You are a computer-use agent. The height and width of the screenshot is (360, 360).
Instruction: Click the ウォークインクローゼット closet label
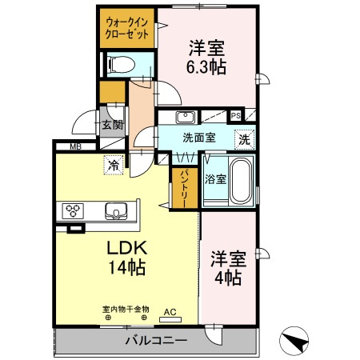coord(127,28)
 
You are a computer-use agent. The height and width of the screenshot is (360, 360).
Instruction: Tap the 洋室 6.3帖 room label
coord(207,58)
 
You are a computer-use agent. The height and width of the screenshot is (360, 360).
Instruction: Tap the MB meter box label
coord(75,146)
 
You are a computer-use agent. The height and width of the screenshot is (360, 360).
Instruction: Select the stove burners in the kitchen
coord(74,211)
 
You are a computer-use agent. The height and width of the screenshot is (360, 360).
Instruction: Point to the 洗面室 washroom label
coord(198,137)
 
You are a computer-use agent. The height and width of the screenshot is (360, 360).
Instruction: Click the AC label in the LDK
coord(170,311)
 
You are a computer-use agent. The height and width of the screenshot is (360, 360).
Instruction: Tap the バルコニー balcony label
coord(156,342)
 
